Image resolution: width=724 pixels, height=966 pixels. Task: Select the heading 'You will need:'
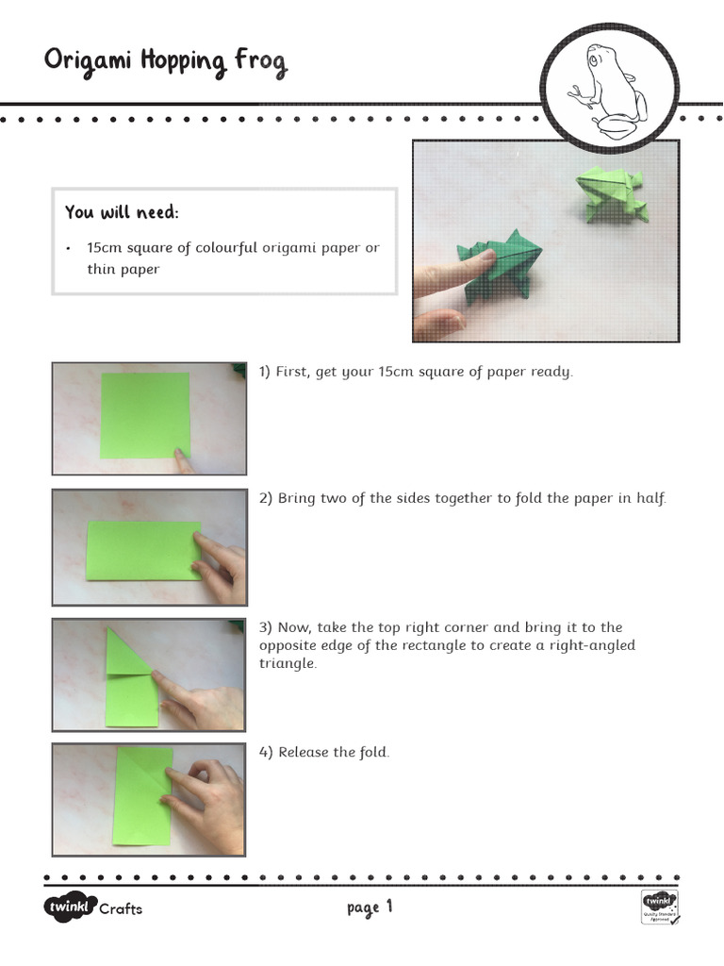point(122,212)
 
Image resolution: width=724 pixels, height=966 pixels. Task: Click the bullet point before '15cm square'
point(69,248)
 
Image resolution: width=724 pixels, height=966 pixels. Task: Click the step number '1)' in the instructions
point(265,372)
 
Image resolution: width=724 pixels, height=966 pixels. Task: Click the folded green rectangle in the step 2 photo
point(143,550)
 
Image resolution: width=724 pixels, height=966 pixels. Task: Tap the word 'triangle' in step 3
point(288,663)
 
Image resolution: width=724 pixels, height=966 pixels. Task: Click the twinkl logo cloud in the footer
point(69,908)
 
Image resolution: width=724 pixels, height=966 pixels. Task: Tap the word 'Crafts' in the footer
point(121,909)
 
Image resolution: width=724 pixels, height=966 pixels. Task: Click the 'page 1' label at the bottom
point(369,908)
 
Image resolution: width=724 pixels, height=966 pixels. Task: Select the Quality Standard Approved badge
point(660,907)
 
